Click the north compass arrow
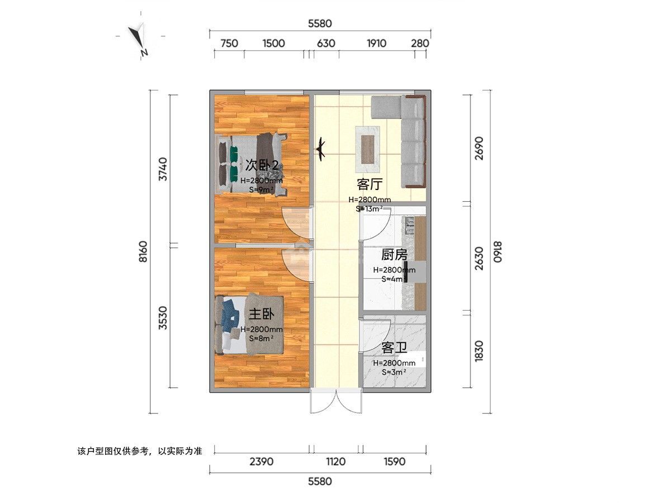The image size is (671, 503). (x=137, y=38)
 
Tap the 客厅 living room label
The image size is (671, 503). (x=370, y=184)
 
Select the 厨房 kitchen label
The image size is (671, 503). (x=394, y=255)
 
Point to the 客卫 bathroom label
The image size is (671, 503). (x=394, y=348)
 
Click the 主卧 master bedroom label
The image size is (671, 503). (x=261, y=314)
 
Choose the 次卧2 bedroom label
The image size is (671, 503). (x=262, y=165)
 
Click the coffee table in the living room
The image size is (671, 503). (x=368, y=150)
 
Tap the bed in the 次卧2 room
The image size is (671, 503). (x=251, y=164)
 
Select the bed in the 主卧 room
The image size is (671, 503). (x=249, y=324)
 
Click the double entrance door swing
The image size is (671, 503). (x=336, y=401)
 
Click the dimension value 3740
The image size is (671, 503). (x=163, y=169)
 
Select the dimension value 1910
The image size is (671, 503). (x=376, y=44)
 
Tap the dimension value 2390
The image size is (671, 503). (x=261, y=462)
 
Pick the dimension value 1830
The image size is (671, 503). (x=479, y=351)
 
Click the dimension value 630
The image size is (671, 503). (x=326, y=44)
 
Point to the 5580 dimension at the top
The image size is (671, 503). (x=320, y=23)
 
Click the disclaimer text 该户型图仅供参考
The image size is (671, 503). (x=113, y=451)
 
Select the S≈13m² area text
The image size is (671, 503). (x=369, y=209)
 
